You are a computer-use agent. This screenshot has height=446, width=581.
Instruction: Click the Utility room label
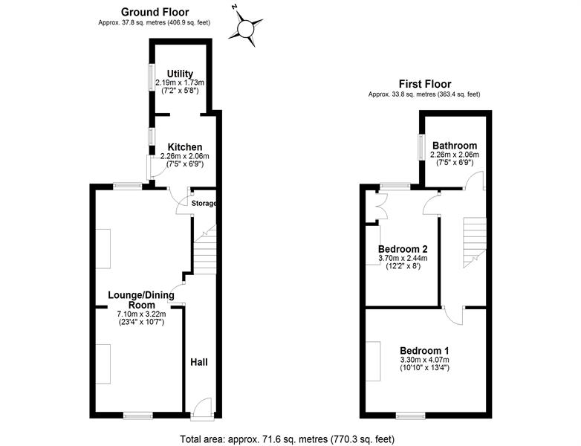tap(180, 74)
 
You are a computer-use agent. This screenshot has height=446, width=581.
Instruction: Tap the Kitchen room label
tap(185, 147)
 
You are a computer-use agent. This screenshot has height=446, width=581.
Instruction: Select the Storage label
tap(204, 203)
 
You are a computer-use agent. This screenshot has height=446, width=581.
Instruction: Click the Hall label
tap(199, 362)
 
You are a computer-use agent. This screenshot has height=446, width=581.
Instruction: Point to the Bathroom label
tap(455, 146)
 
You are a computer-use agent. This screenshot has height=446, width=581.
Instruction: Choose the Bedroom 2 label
tap(403, 249)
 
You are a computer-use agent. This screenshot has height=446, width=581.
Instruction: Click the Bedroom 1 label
tap(425, 350)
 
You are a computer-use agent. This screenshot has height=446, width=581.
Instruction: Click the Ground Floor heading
tap(155, 12)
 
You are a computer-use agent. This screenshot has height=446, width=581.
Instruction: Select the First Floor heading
tap(425, 84)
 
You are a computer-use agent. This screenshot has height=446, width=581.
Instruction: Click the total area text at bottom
tap(288, 439)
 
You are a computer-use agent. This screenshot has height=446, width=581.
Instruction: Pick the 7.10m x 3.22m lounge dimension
tap(142, 314)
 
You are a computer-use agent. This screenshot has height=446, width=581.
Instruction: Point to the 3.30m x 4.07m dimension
tap(425, 360)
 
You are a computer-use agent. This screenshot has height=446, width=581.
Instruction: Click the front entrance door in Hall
tap(202, 409)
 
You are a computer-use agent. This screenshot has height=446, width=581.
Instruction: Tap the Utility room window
tap(152, 77)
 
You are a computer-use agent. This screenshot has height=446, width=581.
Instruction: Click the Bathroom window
tap(421, 147)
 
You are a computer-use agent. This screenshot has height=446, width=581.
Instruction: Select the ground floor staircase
tap(204, 249)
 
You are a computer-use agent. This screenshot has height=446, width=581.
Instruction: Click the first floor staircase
tap(475, 242)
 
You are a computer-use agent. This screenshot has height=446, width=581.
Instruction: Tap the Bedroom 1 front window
tap(411, 416)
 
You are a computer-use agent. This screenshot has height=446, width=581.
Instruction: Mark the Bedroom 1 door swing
tap(453, 316)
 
